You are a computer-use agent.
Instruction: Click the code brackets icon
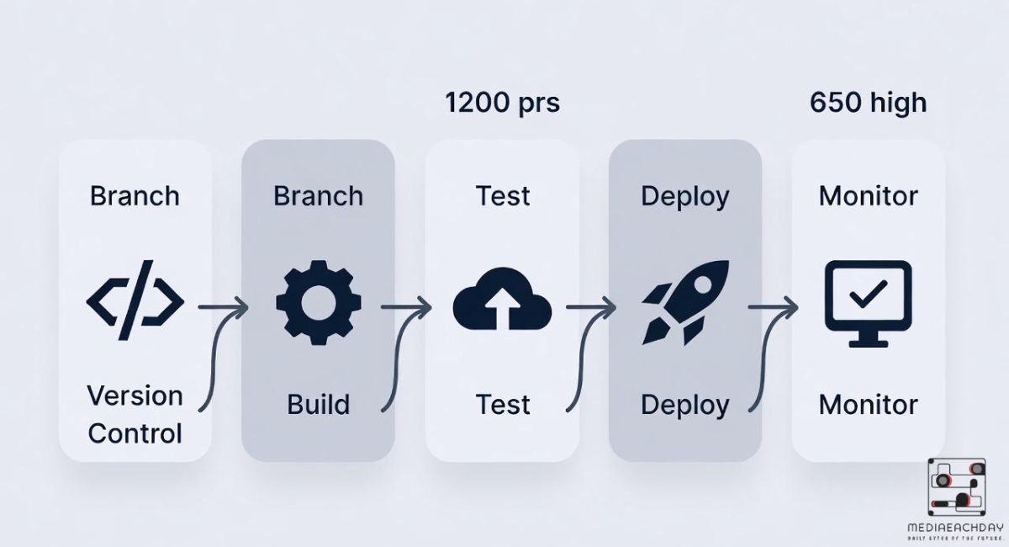(135, 300)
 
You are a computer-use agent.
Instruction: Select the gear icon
(319, 300)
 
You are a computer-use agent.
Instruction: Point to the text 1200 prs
(502, 103)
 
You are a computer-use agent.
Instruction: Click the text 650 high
(868, 103)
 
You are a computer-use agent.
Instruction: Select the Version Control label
(135, 414)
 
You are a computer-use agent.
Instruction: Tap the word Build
(319, 405)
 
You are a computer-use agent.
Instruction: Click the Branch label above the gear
(319, 196)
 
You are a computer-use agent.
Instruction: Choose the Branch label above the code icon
(135, 196)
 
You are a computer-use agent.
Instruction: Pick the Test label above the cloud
(503, 196)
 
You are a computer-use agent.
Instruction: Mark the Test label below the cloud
(503, 405)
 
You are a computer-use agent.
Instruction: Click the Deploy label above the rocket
(685, 196)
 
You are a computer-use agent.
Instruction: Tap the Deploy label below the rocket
(685, 405)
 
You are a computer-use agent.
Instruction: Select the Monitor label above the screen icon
(868, 196)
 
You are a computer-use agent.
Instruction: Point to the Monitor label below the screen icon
(868, 405)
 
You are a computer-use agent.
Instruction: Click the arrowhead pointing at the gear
(242, 308)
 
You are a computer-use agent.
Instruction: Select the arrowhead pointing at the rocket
(609, 308)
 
